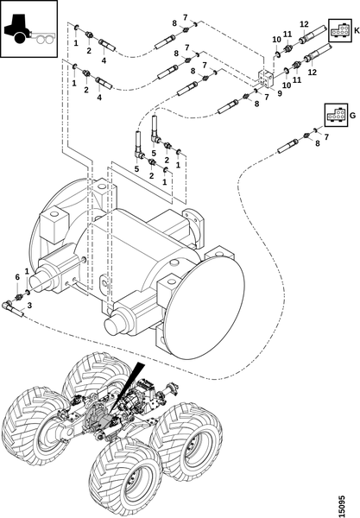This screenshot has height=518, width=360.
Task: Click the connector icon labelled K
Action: tap(339, 31)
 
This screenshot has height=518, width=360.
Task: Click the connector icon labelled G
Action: tap(336, 115)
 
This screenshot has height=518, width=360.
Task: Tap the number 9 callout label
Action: tap(280, 93)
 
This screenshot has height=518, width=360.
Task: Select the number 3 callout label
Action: tap(29, 306)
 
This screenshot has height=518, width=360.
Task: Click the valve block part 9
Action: tap(267, 78)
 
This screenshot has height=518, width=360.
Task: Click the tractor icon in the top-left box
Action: tap(29, 28)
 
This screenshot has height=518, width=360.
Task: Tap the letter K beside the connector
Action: tap(356, 31)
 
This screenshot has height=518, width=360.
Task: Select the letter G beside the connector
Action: tap(352, 116)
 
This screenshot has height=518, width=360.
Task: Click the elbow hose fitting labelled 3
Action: tap(13, 307)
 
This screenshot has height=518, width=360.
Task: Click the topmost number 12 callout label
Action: tap(304, 24)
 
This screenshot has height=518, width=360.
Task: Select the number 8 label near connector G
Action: tap(318, 143)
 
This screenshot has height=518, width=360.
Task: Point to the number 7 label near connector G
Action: tap(326, 136)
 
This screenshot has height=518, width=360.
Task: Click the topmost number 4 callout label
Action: tap(104, 60)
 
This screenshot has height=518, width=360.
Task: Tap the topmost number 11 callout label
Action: tap(287, 34)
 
